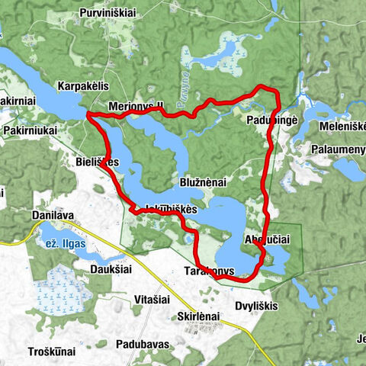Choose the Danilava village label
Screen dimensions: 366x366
coord(53,216)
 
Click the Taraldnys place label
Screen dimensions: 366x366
coord(207,271)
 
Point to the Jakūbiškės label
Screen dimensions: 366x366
coord(166,208)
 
